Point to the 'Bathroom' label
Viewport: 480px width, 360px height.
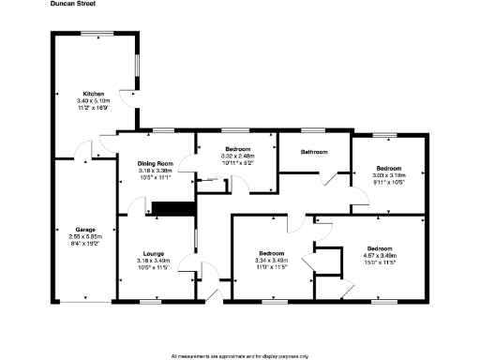(x=313, y=152)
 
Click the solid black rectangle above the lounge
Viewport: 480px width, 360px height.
(x=172, y=208)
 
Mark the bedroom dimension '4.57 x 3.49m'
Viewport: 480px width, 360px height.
(x=380, y=255)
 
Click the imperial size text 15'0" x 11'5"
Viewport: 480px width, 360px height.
(x=380, y=262)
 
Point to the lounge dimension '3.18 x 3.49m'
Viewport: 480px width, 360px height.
(x=154, y=260)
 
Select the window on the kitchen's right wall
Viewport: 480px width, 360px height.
(x=138, y=67)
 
